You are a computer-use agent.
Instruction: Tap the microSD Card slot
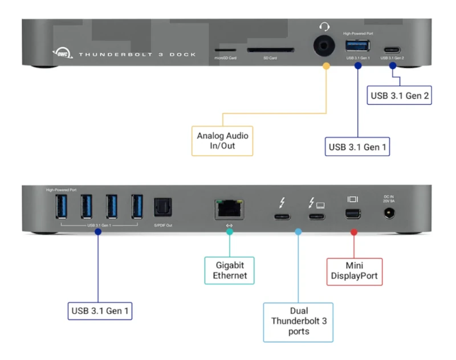225,51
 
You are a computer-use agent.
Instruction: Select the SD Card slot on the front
270,50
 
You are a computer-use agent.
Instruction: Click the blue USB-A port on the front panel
358,46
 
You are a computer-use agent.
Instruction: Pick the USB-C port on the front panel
392,49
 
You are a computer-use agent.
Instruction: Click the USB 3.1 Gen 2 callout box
399,95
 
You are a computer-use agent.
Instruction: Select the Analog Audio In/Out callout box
222,141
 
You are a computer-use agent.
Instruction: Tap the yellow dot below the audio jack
326,66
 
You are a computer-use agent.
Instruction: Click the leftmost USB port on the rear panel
60,206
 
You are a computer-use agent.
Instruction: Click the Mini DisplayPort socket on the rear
353,215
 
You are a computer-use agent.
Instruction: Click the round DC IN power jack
390,214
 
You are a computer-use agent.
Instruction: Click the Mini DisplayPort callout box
354,272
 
